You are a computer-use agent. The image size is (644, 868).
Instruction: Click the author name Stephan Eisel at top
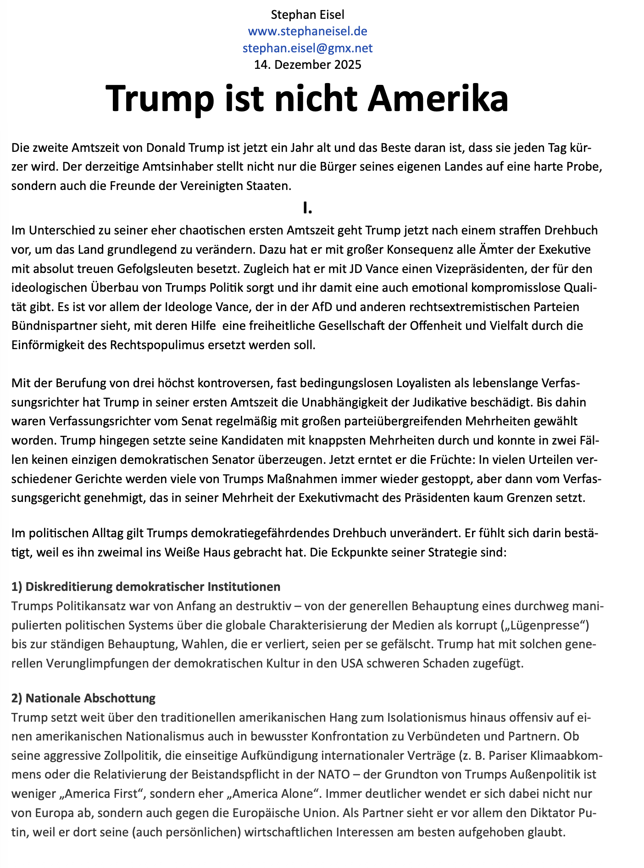pos(307,15)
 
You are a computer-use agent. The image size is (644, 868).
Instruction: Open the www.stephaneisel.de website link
pos(307,31)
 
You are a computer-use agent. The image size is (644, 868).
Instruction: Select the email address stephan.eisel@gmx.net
pos(307,48)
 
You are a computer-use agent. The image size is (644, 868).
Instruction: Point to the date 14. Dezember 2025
pos(307,64)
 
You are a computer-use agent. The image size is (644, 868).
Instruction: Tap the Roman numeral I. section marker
pos(307,208)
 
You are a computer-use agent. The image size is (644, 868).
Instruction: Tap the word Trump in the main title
pos(161,98)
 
